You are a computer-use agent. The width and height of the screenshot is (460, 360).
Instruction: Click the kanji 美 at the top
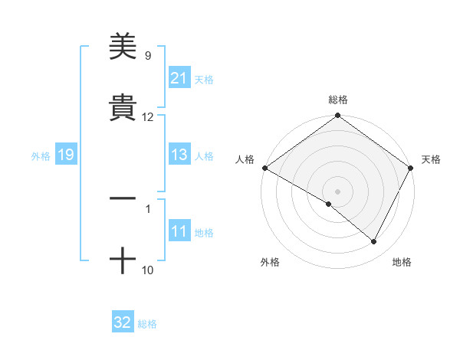coord(123,47)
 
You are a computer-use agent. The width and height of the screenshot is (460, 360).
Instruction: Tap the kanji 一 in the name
coord(123,198)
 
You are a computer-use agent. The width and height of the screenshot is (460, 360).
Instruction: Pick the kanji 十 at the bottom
coord(123,260)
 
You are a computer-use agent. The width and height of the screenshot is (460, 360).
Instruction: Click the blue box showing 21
coord(179,78)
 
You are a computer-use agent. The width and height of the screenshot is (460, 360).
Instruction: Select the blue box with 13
coord(179,155)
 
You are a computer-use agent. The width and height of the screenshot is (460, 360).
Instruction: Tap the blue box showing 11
coord(179,231)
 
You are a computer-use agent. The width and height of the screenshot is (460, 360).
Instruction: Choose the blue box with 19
coord(66,155)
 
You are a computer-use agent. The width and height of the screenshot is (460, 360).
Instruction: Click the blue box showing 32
coord(123,322)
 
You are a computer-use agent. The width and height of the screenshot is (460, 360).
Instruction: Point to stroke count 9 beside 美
coord(148,56)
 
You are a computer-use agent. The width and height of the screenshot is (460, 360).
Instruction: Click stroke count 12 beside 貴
coord(148,117)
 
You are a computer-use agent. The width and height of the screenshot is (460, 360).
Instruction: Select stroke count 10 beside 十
coord(148,270)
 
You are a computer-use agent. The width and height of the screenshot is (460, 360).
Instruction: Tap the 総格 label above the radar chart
coord(338,100)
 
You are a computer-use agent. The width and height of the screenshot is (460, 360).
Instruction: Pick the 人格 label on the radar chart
coord(245,159)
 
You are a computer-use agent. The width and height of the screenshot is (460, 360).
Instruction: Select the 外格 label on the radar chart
coord(269,262)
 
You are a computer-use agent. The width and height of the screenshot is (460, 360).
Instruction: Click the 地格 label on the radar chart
coord(402,262)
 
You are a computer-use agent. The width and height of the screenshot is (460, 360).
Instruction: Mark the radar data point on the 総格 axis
coord(338,116)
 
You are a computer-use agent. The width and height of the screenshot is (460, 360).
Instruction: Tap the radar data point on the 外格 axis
coord(329,204)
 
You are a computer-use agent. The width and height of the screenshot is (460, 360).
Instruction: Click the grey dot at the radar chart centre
coord(338,191)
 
